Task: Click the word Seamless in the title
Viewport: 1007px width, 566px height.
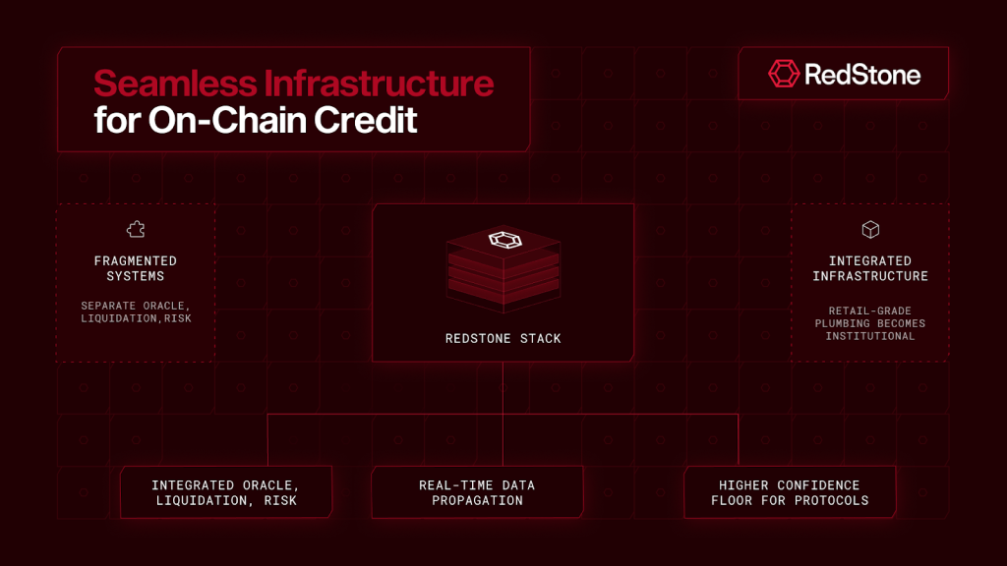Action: coord(175,84)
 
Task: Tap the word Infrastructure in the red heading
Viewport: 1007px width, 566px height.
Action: coord(379,84)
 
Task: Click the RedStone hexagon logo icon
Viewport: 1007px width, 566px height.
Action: coord(784,74)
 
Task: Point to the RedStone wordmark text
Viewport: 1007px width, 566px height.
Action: coord(862,75)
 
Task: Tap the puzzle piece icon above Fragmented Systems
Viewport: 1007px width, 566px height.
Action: coord(136,229)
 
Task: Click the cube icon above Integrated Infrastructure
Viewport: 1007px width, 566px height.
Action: coord(870,229)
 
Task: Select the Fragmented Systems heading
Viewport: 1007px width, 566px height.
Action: coord(136,268)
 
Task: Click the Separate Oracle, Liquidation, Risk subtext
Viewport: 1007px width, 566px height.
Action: coord(136,311)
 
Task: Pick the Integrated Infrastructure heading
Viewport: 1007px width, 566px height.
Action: coord(870,268)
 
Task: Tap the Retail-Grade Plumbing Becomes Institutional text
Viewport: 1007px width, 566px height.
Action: coord(870,323)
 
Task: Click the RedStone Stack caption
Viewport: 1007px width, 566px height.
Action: coord(503,338)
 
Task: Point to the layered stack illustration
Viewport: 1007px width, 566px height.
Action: coord(503,269)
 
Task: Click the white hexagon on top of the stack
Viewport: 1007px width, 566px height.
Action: coord(504,240)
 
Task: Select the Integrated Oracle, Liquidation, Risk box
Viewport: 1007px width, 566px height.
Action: coord(226,492)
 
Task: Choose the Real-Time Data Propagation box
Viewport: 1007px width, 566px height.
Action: coord(477,492)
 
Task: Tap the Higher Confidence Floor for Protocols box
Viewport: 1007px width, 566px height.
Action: coord(790,492)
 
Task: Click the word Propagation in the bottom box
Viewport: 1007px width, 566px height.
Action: coord(477,500)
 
